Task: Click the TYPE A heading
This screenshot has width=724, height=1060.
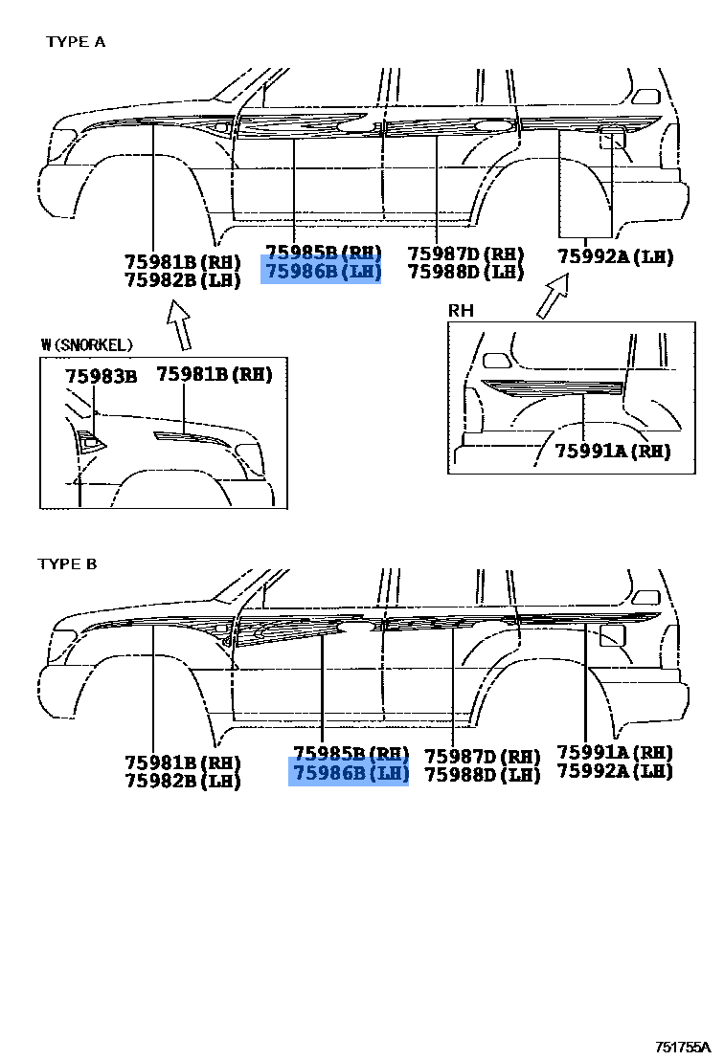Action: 76,42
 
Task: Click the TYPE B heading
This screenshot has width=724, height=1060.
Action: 67,563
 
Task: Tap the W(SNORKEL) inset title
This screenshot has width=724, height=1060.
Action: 87,344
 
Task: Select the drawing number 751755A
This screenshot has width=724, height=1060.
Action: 684,1048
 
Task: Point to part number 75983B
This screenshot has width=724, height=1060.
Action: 102,376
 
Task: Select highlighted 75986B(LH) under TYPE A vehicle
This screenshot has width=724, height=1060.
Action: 323,272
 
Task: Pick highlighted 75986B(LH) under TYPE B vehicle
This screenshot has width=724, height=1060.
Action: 350,773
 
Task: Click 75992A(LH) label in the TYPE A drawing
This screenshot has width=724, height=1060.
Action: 616,256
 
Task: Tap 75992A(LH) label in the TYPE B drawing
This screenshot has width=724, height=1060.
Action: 615,771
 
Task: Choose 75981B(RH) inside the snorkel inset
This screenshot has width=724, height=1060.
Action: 215,374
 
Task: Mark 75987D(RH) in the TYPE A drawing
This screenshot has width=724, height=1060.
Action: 465,254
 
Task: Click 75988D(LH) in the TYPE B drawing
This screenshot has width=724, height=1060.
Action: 483,775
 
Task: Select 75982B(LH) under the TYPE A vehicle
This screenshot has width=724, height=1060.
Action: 182,279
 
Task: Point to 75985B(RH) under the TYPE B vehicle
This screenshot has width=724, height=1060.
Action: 351,753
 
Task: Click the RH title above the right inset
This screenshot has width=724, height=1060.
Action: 461,311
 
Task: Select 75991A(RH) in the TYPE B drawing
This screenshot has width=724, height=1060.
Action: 615,752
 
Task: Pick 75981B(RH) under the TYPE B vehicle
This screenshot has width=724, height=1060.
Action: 182,762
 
